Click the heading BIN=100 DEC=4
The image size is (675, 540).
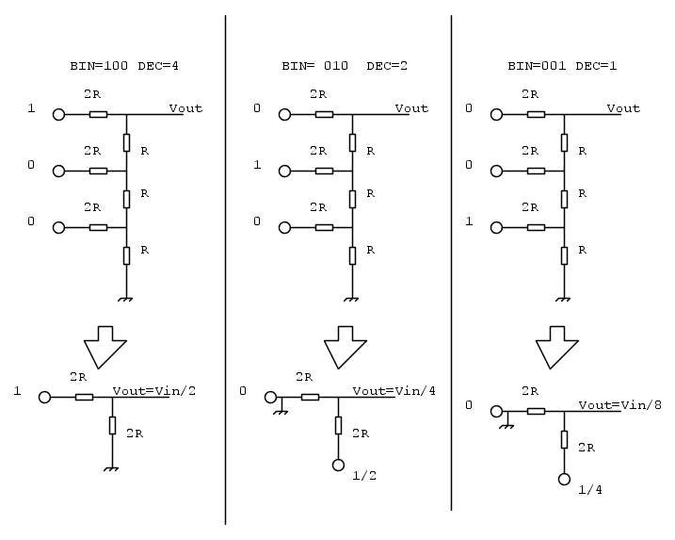pos(124,66)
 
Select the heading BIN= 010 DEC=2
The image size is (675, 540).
pos(345,66)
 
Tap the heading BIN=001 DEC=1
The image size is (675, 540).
pos(562,66)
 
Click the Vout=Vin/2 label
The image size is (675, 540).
pos(154,391)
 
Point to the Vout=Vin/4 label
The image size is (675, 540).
pos(394,391)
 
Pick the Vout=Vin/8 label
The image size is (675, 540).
pos(619,405)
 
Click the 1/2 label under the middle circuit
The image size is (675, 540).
pos(364,476)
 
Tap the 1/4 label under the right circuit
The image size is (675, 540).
pos(589,490)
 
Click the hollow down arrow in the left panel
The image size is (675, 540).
pos(105,348)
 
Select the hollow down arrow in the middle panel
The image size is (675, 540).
pos(345,348)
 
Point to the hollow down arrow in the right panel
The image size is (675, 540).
pos(557,348)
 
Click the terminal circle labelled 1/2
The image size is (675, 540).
pos(338,465)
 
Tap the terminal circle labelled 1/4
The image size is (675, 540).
pos(564,480)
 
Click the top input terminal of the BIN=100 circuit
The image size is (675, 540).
pos(58,115)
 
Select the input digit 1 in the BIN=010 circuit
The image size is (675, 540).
pos(257,165)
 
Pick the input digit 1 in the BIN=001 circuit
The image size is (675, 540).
pos(469,221)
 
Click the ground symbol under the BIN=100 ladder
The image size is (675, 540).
pos(126,299)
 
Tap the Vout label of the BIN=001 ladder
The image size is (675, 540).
pos(623,108)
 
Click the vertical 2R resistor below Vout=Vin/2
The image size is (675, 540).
pos(112,425)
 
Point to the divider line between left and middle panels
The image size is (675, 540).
pos(225,270)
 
